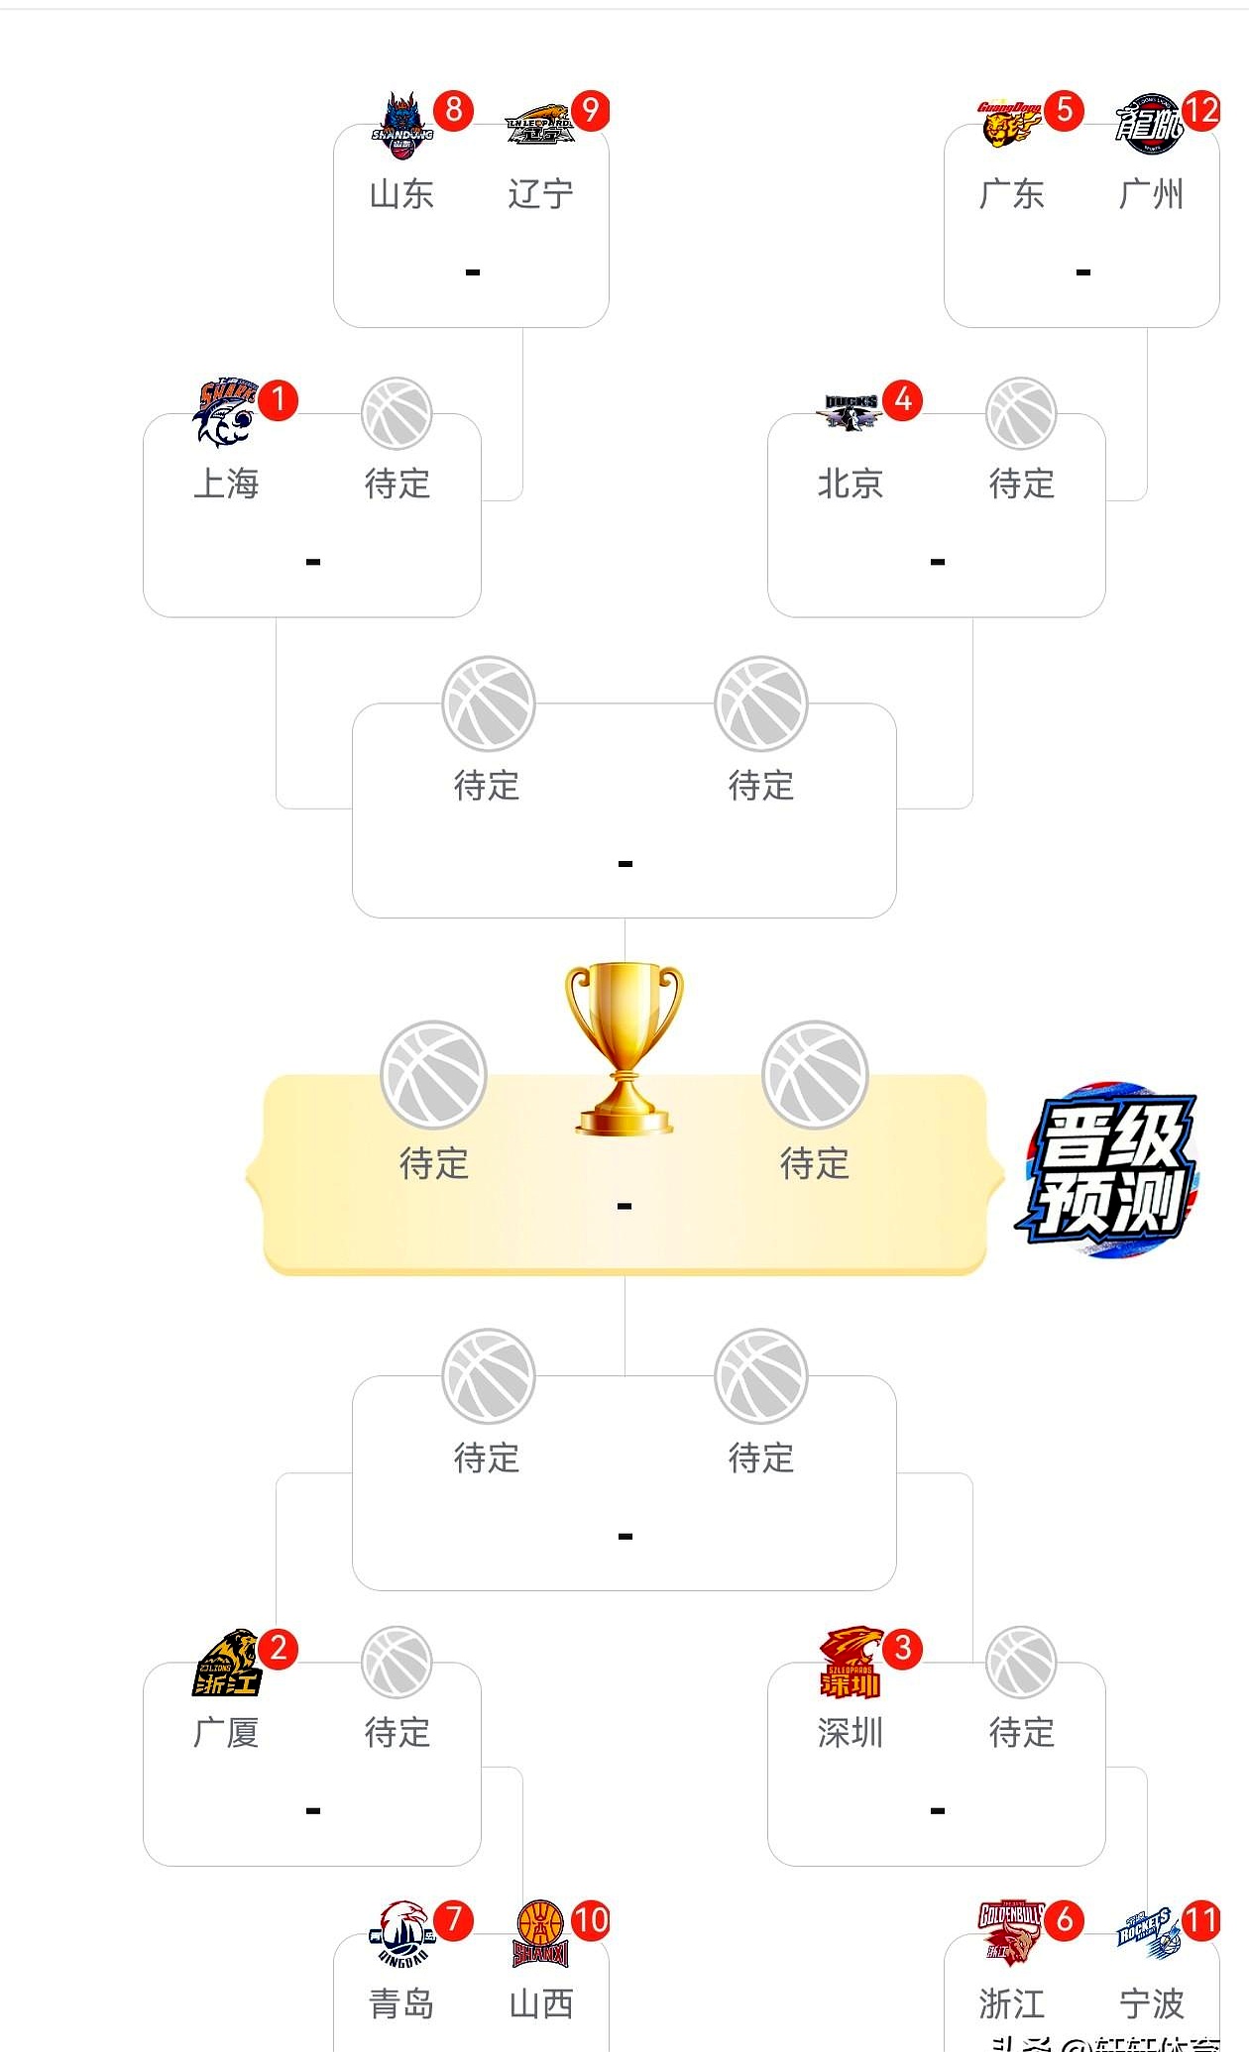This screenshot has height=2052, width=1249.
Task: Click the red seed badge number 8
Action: tap(453, 109)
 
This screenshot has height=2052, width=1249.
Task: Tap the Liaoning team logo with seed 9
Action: tap(539, 125)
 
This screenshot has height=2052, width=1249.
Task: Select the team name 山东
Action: tap(401, 194)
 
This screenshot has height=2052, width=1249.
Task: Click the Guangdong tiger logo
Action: tap(1009, 125)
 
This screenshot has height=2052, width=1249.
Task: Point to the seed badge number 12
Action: tap(1201, 109)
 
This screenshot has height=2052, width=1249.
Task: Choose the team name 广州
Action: tap(1151, 194)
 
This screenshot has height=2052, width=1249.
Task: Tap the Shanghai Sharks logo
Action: tap(225, 412)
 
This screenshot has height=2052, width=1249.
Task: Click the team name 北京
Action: tap(850, 485)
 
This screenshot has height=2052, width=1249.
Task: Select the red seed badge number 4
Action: tap(902, 400)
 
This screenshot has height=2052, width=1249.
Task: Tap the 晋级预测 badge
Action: tap(1109, 1170)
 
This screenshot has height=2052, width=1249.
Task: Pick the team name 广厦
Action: tap(226, 1733)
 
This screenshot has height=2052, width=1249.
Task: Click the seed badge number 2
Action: tap(278, 1649)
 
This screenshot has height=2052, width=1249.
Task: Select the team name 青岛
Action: tap(401, 2004)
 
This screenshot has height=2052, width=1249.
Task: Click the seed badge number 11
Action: tap(1200, 1921)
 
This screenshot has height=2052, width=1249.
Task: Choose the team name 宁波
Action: tap(1151, 2004)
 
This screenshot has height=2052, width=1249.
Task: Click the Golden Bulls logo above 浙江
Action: tap(1009, 1932)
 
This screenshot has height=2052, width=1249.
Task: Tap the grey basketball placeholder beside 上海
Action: tap(397, 413)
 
